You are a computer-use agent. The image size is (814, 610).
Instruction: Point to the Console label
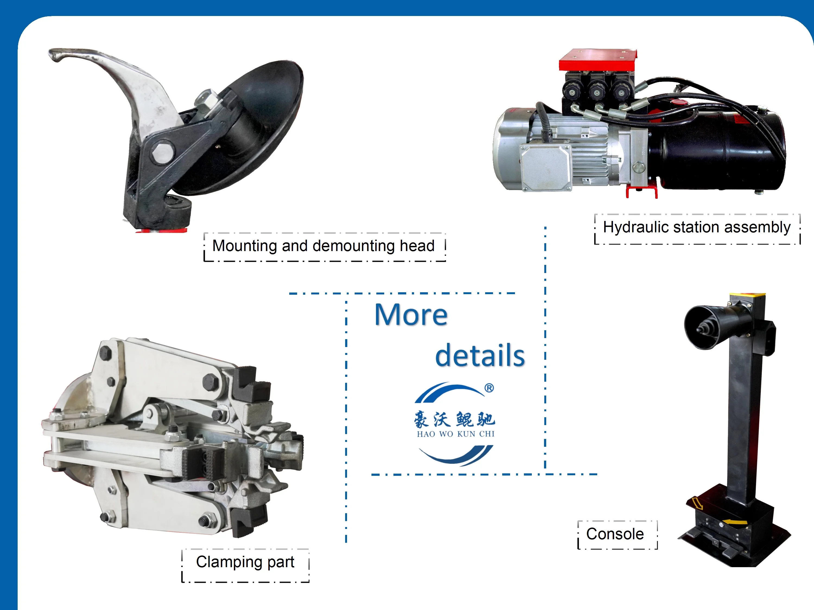pyautogui.click(x=615, y=534)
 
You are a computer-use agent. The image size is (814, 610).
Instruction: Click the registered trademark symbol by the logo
pyautogui.click(x=489, y=388)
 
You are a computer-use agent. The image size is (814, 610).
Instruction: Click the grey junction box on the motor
pyautogui.click(x=545, y=167)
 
